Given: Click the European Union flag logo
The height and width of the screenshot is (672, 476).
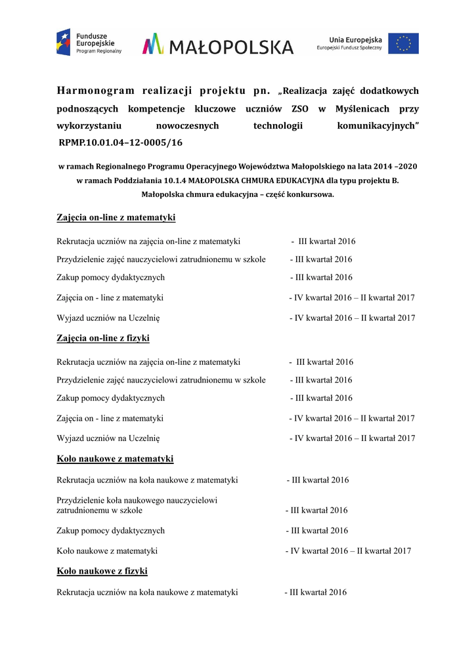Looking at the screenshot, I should pyautogui.click(x=403, y=43).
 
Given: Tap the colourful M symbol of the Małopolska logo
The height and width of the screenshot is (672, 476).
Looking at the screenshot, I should pyautogui.click(x=153, y=44).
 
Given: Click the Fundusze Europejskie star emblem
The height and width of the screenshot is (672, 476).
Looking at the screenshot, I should pyautogui.click(x=63, y=42).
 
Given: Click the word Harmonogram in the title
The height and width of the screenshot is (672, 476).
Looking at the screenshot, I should pyautogui.click(x=96, y=91).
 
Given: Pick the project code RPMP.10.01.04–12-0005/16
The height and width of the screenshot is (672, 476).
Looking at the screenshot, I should pyautogui.click(x=121, y=142).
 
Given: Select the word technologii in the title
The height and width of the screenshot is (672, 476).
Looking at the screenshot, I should pyautogui.click(x=278, y=125).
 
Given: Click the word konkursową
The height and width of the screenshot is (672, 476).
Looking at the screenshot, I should pyautogui.click(x=312, y=194).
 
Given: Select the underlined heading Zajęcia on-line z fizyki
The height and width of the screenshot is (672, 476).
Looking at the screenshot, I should pyautogui.click(x=103, y=338).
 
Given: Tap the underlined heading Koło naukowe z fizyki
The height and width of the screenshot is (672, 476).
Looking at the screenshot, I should pyautogui.click(x=102, y=571).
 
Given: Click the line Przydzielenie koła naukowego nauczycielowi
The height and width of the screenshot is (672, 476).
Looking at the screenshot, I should pyautogui.click(x=137, y=500).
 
